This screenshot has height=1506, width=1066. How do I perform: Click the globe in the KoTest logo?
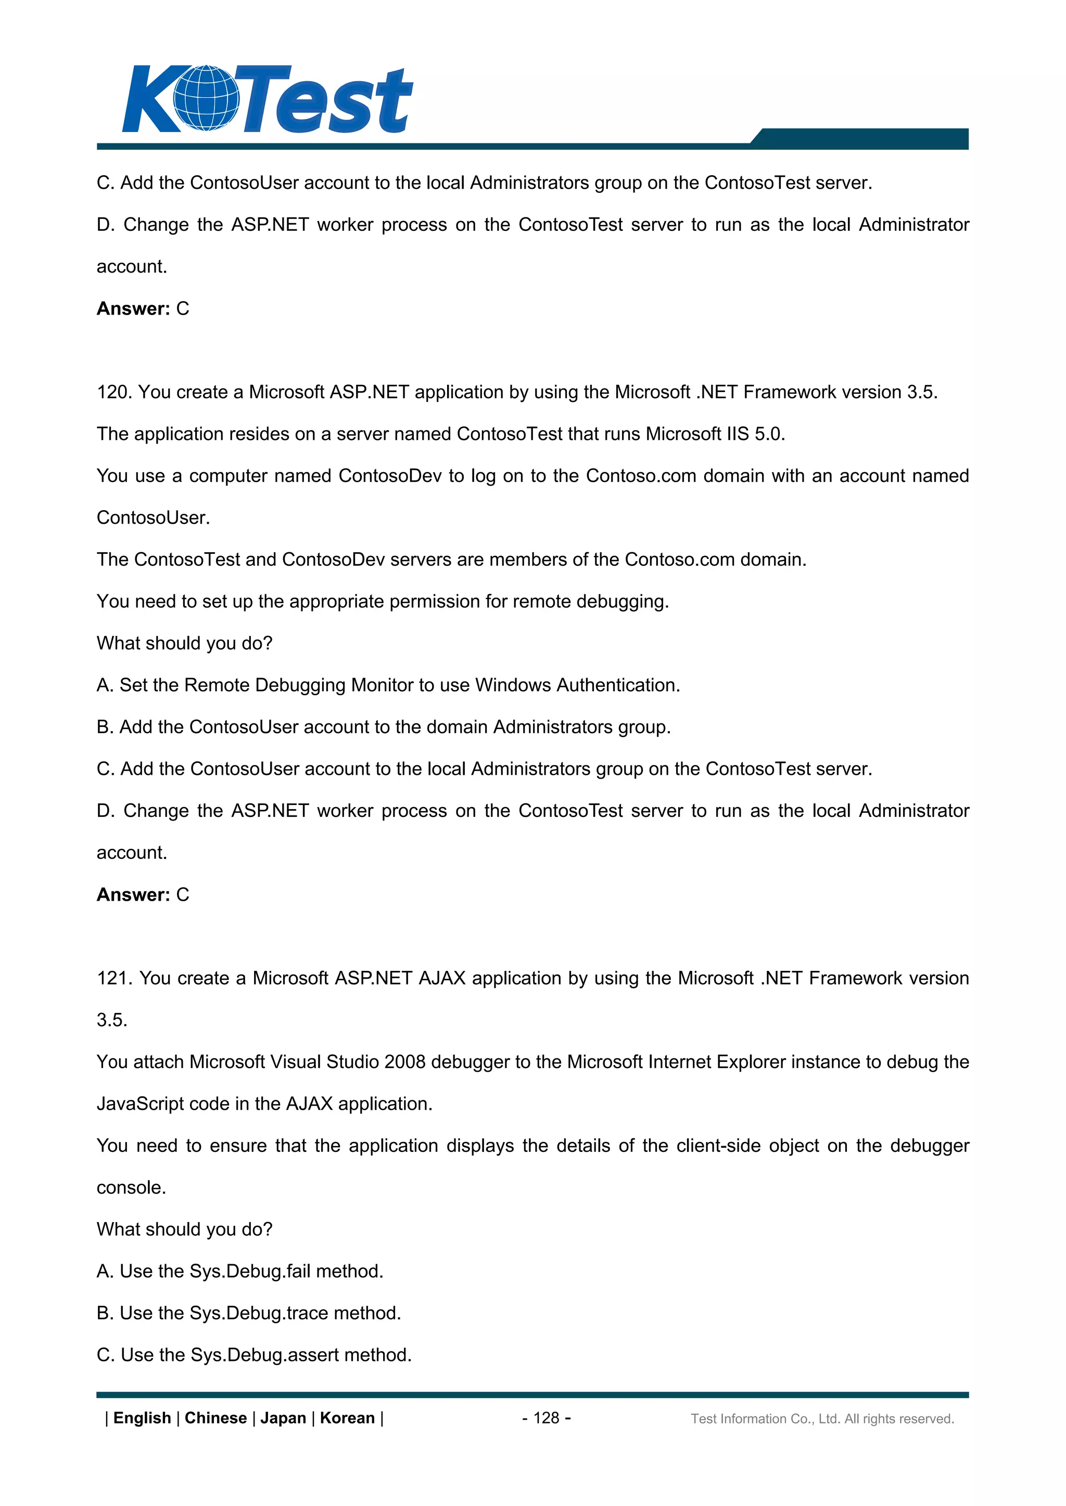[x=206, y=98]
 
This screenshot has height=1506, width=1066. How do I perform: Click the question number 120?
[x=114, y=392]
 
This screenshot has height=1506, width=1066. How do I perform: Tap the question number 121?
[x=114, y=978]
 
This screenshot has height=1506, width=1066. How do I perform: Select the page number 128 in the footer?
[x=546, y=1418]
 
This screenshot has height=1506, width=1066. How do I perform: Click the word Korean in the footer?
[x=347, y=1418]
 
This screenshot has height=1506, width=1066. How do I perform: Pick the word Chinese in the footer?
[x=215, y=1418]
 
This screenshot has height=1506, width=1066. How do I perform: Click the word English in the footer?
[x=142, y=1418]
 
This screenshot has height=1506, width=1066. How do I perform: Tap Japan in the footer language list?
[x=283, y=1418]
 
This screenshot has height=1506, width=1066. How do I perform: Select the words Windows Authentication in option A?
[x=576, y=685]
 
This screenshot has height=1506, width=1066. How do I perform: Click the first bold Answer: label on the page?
[x=133, y=309]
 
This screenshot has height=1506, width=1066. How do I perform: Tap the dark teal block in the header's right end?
[x=867, y=138]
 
